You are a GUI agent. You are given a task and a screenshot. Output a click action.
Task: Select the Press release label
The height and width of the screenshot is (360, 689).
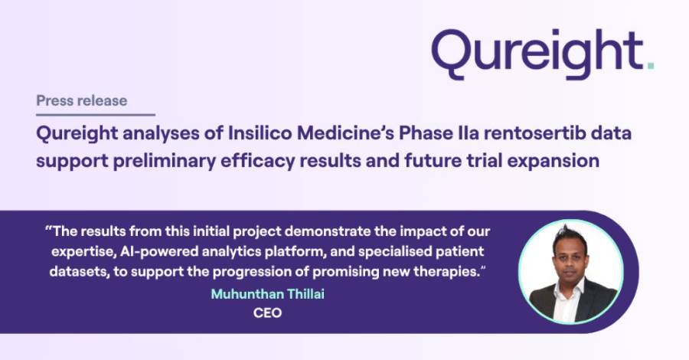(82, 100)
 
